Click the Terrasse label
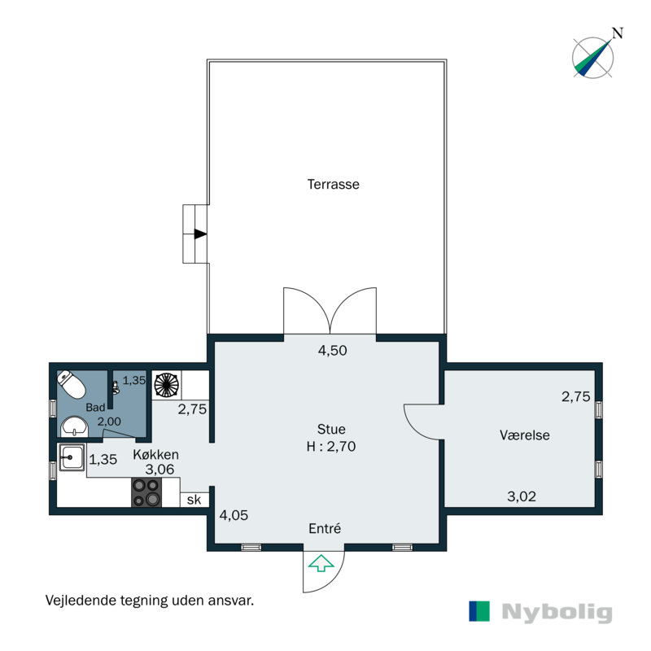[x=334, y=184]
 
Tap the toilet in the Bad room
[x=71, y=383]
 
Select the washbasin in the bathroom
[x=75, y=426]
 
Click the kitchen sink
[x=72, y=457]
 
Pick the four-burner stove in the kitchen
[x=146, y=492]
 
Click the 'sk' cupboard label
[x=194, y=500]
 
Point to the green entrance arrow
[x=321, y=563]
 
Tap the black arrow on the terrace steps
[x=200, y=234]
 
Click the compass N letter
[x=618, y=33]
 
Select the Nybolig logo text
[x=557, y=612]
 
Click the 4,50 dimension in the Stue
[x=332, y=351]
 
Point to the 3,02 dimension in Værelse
[x=522, y=496]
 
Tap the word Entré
[x=325, y=528]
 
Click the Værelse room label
[x=524, y=435]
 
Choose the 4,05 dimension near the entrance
[x=234, y=515]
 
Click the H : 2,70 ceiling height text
[x=331, y=446]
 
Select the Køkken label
[x=155, y=454]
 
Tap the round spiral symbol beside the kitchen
[x=167, y=385]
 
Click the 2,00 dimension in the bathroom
[x=109, y=422]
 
